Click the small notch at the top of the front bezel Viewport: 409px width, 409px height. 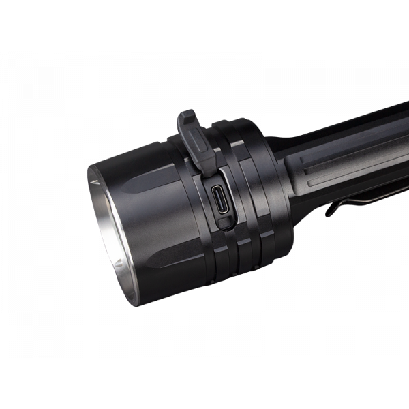click(95, 183)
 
